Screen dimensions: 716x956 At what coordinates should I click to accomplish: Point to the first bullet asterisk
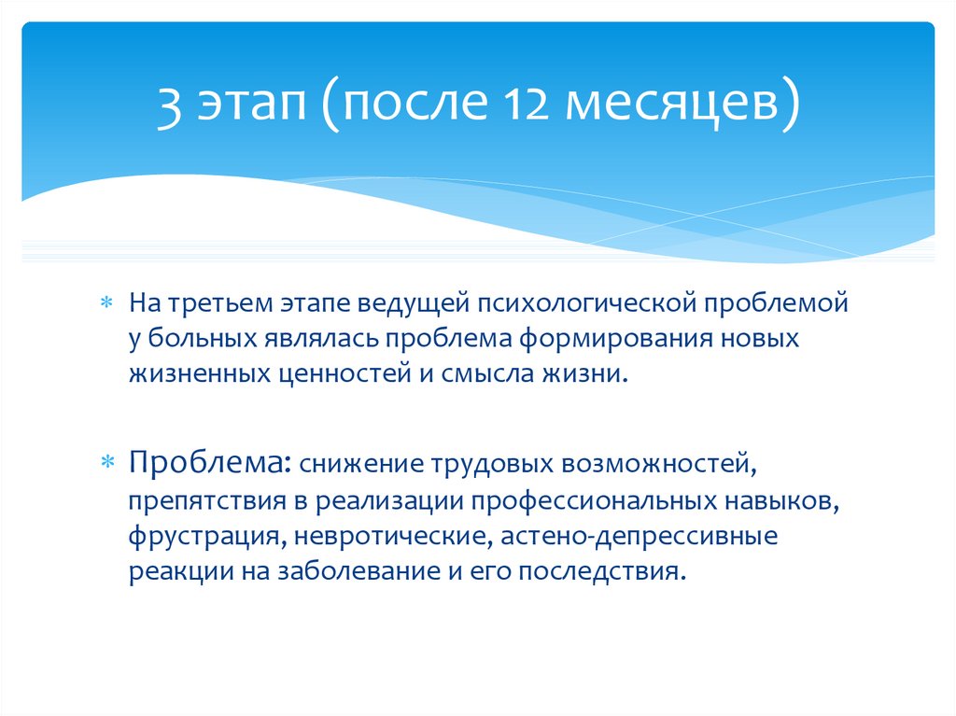(x=105, y=303)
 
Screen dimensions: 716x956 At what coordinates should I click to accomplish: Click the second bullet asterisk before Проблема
(x=105, y=462)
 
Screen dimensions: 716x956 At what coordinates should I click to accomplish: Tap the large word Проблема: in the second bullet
(x=211, y=462)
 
